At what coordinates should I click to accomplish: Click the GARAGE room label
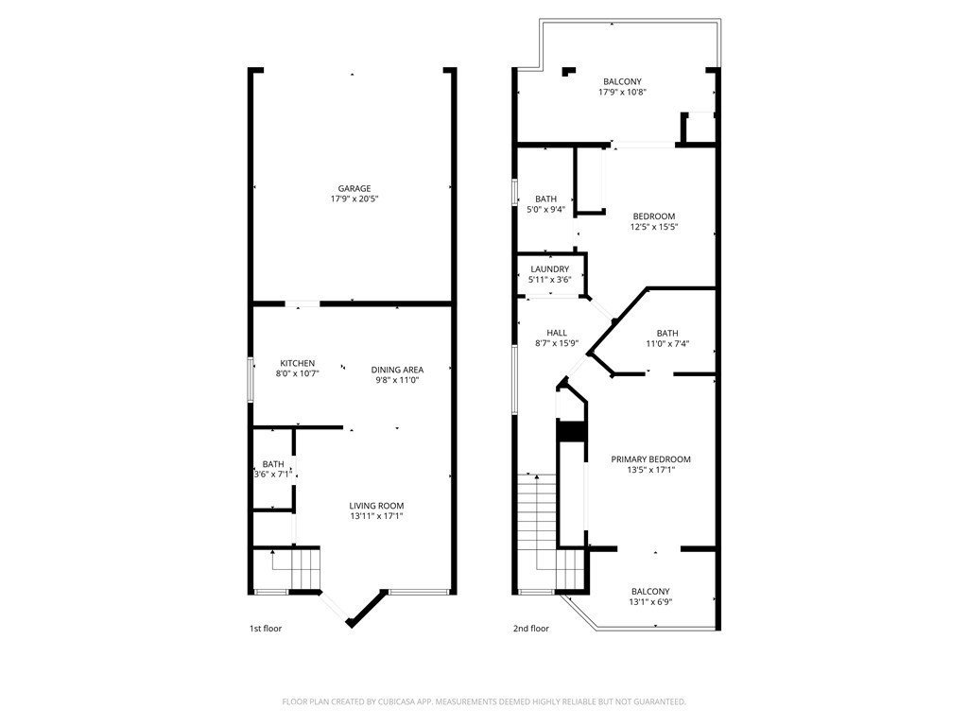(x=354, y=188)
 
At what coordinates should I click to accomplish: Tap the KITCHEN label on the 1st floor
(x=298, y=363)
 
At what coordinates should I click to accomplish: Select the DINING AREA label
(x=398, y=370)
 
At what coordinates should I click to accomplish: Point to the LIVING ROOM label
(x=376, y=506)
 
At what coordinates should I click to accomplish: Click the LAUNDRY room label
(x=550, y=269)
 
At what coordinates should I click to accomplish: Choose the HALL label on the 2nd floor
(x=557, y=333)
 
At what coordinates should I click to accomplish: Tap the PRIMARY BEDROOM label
(x=650, y=459)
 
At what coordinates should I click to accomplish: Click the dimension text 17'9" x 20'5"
(x=354, y=199)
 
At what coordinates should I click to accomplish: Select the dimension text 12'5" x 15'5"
(x=654, y=227)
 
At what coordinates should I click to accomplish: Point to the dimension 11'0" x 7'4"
(x=667, y=343)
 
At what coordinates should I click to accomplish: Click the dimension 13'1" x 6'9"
(x=650, y=601)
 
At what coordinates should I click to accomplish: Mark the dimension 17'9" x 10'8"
(x=622, y=92)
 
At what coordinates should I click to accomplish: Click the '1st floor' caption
(x=266, y=629)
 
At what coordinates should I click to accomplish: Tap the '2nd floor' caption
(x=531, y=629)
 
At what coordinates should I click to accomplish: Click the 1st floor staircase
(x=296, y=569)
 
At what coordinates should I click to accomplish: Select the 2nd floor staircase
(x=549, y=532)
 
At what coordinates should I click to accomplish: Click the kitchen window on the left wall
(x=250, y=380)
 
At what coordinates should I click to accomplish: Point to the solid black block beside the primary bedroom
(x=572, y=431)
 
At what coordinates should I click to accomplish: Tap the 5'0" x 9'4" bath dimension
(x=545, y=209)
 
